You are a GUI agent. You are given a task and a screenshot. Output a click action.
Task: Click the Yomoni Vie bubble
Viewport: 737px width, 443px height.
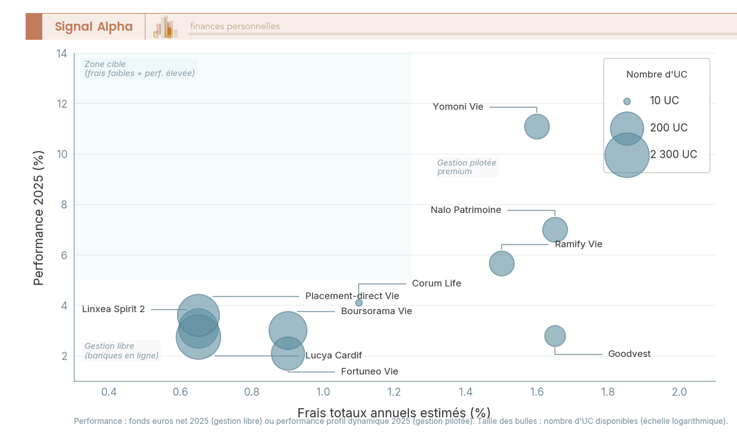click(537, 127)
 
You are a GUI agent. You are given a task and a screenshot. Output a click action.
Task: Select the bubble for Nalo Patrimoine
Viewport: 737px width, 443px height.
click(555, 230)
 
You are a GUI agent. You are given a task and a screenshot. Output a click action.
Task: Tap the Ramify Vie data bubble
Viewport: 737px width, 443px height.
click(502, 264)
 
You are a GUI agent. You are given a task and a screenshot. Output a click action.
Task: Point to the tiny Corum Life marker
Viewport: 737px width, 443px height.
click(359, 303)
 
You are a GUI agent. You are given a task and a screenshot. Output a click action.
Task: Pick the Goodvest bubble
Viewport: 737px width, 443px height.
click(555, 336)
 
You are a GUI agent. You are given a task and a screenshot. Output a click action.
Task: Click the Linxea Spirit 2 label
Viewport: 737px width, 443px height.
click(114, 309)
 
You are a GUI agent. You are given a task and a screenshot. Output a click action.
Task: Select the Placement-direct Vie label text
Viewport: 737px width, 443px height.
click(352, 296)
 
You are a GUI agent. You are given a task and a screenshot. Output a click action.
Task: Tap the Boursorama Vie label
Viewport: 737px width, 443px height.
click(376, 312)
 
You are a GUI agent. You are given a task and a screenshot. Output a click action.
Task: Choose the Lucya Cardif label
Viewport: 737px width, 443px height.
click(333, 356)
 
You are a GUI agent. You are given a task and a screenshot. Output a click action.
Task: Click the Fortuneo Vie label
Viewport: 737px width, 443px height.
click(370, 372)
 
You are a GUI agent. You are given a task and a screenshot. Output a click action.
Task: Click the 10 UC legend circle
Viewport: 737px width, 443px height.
click(627, 101)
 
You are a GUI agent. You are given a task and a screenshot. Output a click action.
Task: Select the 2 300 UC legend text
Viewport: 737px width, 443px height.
click(674, 155)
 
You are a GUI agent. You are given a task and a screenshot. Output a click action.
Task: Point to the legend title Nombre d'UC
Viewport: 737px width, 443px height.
click(657, 74)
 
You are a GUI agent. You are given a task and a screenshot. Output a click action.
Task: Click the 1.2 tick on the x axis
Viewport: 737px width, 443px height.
click(394, 392)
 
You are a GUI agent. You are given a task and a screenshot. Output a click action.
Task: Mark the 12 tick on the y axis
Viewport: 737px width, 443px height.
click(61, 104)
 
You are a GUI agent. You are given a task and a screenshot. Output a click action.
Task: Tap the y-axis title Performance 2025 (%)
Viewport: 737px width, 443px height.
click(39, 219)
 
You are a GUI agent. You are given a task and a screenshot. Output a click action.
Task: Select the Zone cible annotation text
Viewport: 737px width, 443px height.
click(139, 69)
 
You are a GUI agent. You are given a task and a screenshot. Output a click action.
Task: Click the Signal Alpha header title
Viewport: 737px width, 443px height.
click(93, 26)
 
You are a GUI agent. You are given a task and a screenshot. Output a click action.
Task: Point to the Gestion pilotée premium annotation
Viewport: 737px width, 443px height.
click(466, 167)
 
